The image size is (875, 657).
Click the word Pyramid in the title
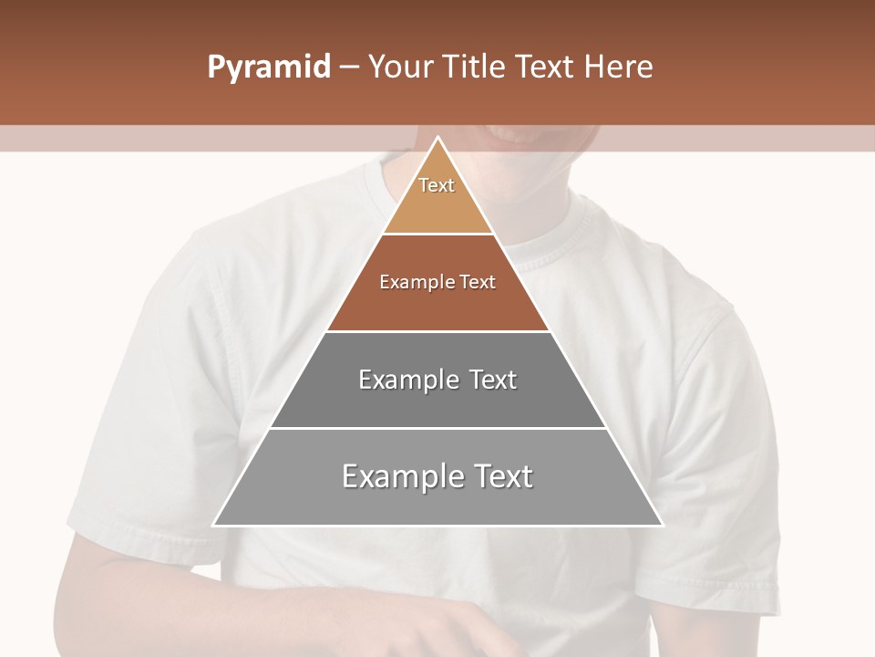click(269, 68)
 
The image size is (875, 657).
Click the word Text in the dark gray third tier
click(494, 380)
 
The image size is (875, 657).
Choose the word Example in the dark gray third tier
click(407, 380)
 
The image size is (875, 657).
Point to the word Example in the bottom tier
click(396, 476)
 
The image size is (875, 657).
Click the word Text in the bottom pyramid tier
click(499, 476)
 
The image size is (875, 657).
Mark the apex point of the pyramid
click(438, 138)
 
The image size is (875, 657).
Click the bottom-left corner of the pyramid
click(214, 525)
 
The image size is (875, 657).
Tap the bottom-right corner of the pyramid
click(662, 525)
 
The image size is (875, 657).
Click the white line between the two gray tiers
click(437, 428)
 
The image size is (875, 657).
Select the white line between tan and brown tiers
click(437, 235)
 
